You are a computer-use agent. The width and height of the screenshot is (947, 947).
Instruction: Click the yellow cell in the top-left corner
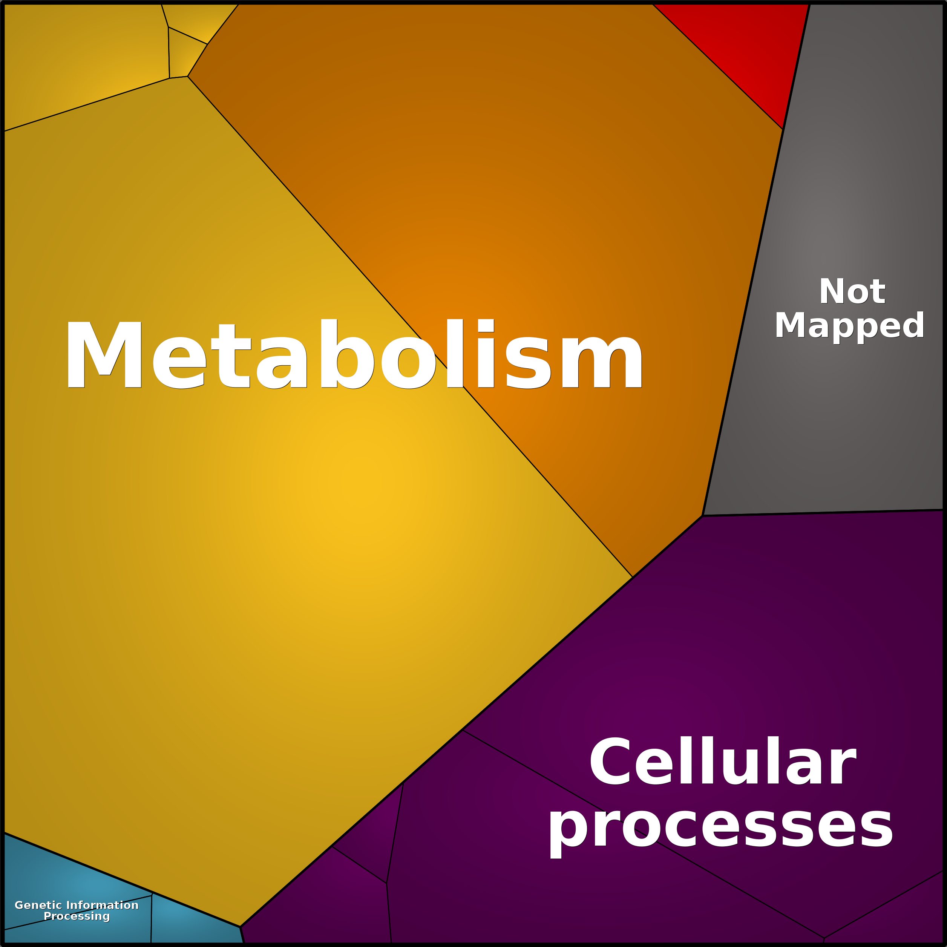click(x=78, y=59)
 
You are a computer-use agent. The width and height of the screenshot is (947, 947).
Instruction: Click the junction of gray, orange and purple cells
click(x=702, y=516)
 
